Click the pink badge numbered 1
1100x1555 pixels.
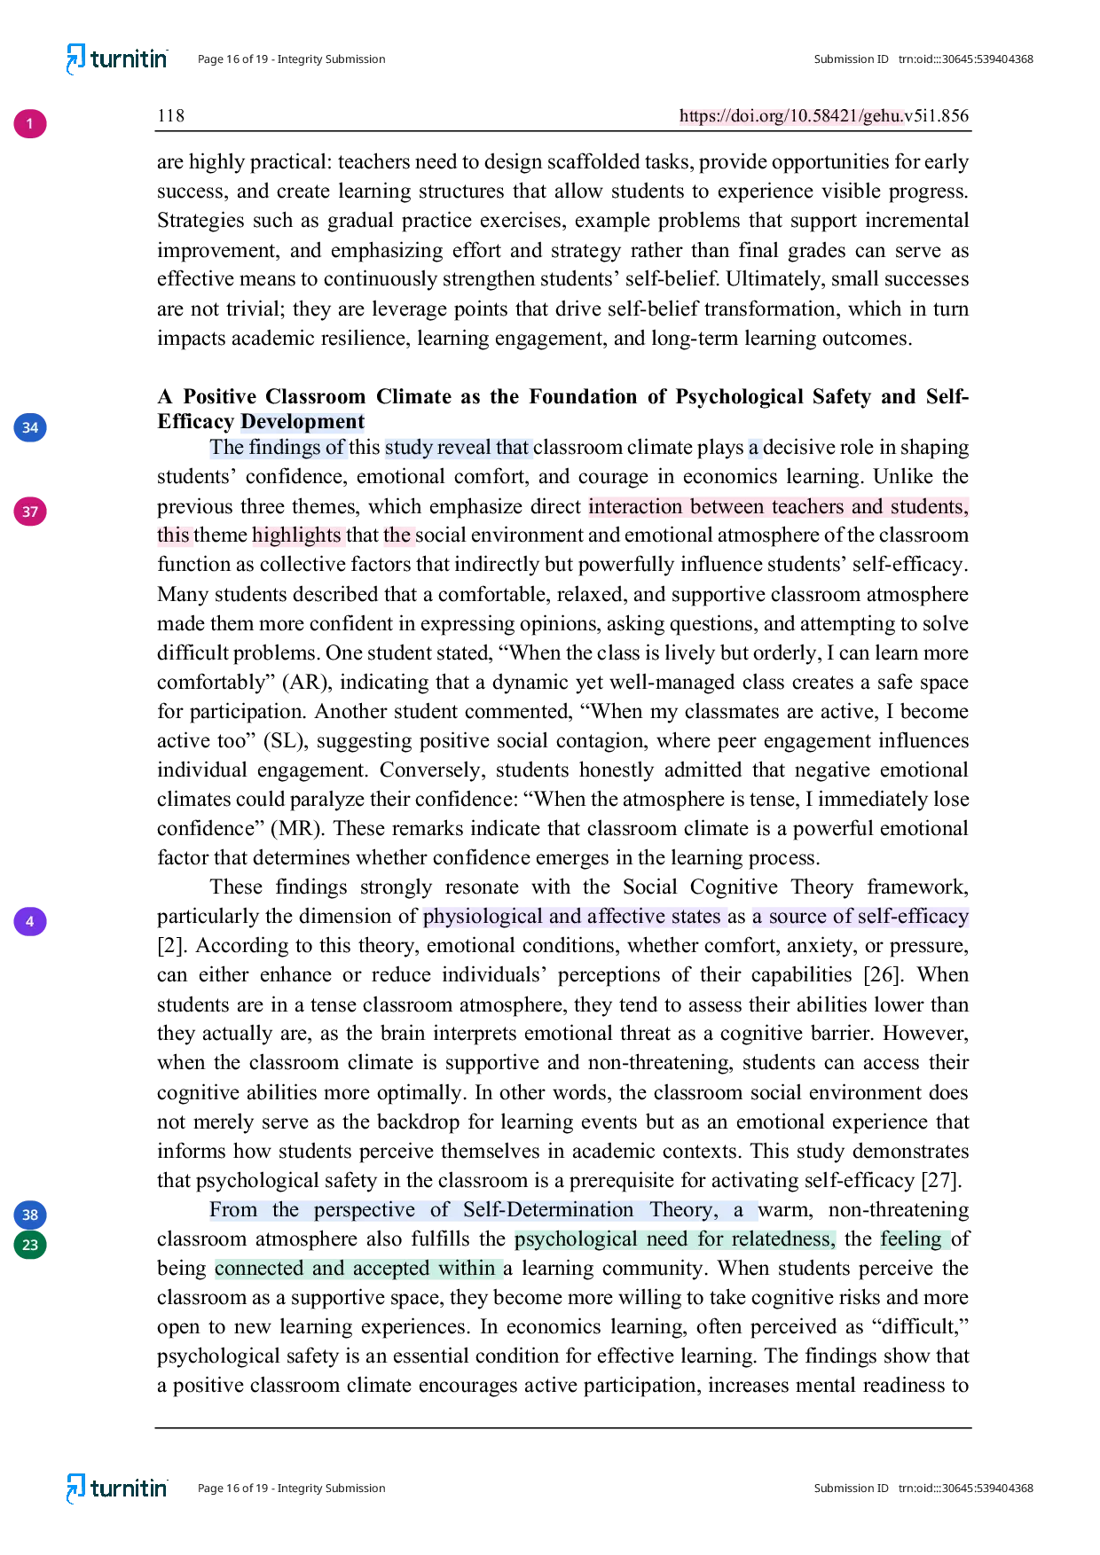pos(29,123)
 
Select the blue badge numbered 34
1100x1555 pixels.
pos(29,427)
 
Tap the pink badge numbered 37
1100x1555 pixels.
pos(29,512)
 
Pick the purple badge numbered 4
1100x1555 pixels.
pos(29,921)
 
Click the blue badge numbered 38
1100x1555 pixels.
pos(29,1215)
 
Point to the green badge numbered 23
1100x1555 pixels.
pos(29,1245)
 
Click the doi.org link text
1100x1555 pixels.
pos(790,116)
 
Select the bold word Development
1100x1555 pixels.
pos(302,422)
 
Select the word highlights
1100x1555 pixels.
pos(296,535)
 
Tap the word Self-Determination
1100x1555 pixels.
pos(548,1210)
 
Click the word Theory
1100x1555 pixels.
pos(683,1210)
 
